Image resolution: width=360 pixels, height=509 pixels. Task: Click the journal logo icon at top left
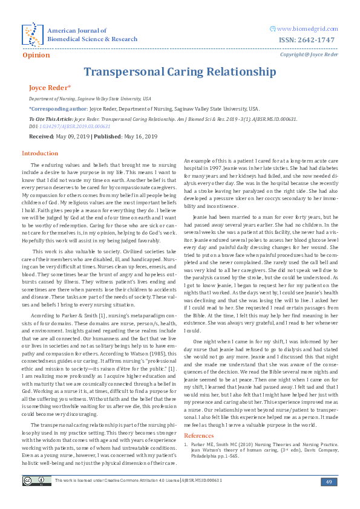point(32,34)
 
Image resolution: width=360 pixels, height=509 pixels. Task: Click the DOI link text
point(73,126)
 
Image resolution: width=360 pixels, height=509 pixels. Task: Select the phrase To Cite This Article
point(51,120)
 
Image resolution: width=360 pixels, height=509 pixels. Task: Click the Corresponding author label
point(58,109)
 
